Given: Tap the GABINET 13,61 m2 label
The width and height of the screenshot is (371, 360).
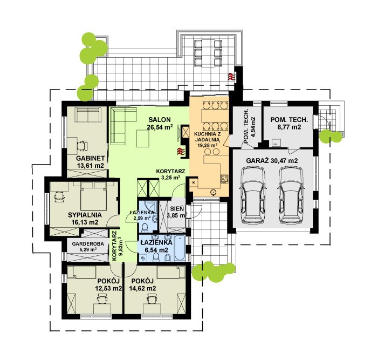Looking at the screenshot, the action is click(91, 162).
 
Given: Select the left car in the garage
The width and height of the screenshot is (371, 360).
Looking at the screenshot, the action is click(252, 195).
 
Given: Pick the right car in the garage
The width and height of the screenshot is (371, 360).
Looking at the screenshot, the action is click(291, 195).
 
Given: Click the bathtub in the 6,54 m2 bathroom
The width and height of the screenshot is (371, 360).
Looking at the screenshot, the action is click(180, 248).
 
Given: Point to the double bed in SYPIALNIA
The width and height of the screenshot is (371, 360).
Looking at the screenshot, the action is click(93, 195).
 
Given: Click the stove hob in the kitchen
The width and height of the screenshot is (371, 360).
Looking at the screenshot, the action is click(224, 179).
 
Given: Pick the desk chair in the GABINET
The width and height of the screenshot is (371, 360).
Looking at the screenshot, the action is click(82, 145).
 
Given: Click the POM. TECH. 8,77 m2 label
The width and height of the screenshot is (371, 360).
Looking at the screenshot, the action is click(289, 123).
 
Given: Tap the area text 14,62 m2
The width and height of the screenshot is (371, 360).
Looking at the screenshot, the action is click(142, 288).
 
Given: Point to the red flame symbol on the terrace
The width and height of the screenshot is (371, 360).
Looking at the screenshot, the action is click(231, 77).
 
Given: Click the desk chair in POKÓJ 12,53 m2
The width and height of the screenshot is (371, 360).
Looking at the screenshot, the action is click(102, 298).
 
